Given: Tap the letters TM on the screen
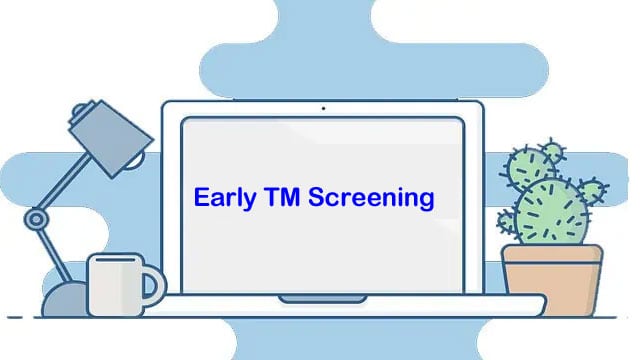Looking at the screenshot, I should (279, 196).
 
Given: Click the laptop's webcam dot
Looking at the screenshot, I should (322, 108).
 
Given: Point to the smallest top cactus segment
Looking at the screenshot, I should (551, 153).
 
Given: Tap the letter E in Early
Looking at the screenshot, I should (200, 196).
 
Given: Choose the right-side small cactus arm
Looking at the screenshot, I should (593, 190).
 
